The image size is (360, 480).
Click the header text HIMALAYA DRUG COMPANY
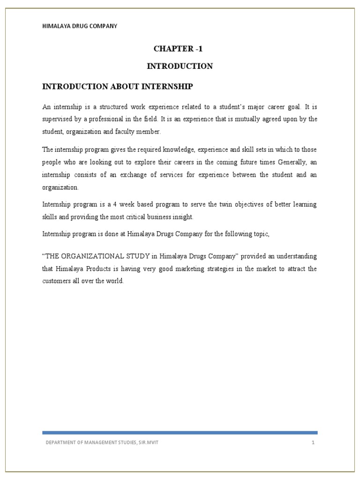[x=80, y=26]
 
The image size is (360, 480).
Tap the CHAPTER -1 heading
[x=180, y=49]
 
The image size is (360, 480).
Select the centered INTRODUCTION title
[x=180, y=66]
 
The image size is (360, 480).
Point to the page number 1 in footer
[x=312, y=442]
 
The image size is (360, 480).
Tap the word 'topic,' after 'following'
[x=261, y=234]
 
